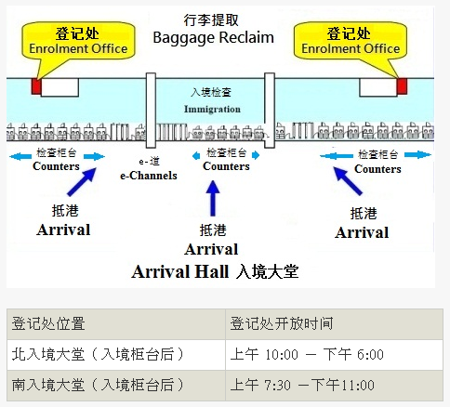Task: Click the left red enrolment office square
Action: pos(36,86)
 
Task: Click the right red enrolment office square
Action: pos(402,86)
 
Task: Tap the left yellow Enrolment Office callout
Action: pos(78,41)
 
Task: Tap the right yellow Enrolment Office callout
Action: pos(351,41)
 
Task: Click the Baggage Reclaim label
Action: pos(213,38)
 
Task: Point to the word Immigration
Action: pos(212,109)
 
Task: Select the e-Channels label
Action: pos(149,176)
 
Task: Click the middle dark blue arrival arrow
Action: pos(213,198)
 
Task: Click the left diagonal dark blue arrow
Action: pos(82,182)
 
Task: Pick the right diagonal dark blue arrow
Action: pos(348,181)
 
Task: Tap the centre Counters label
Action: pos(226,166)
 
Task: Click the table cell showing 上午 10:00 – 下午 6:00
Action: pos(334,355)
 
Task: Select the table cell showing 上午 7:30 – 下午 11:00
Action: pos(334,385)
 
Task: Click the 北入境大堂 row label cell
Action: pos(116,355)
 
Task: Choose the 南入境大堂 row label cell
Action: pos(116,385)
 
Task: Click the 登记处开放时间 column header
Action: pos(334,324)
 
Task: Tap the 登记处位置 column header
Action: pos(116,324)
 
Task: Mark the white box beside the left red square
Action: pos(60,87)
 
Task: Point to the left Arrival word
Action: pos(63,230)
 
